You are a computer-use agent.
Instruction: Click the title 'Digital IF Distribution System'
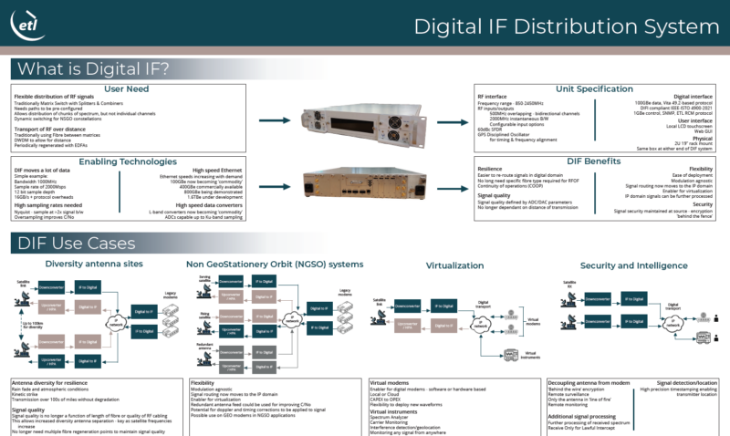[x=562, y=26]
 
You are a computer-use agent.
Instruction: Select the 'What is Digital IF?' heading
[x=92, y=69]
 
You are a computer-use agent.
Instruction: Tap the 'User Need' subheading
[x=128, y=88]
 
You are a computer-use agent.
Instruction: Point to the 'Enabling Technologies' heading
[x=128, y=161]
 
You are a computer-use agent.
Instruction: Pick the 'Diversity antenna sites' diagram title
[x=95, y=264]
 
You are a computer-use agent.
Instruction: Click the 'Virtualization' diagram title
[x=453, y=265]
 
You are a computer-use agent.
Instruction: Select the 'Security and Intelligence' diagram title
[x=631, y=265]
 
